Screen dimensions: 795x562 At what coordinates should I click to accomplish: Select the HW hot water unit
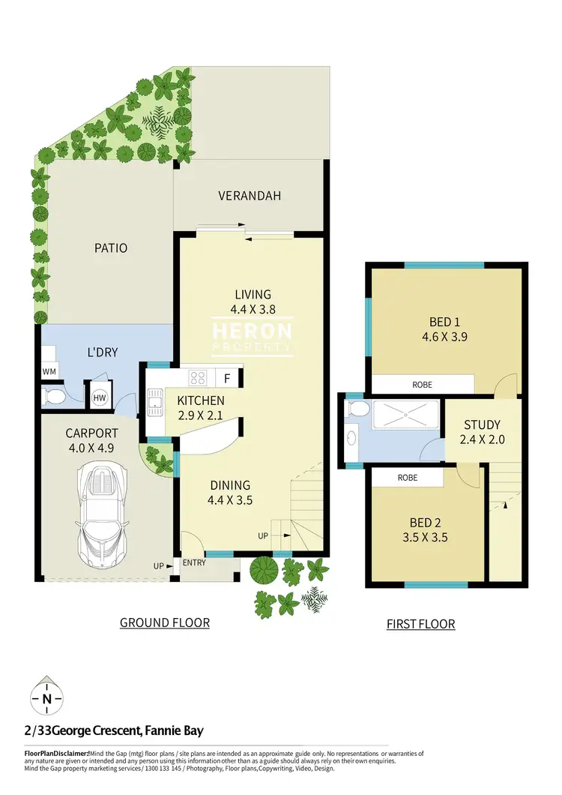click(99, 397)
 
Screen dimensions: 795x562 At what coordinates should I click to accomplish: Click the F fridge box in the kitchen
click(227, 378)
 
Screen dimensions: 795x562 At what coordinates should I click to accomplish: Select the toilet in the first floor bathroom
click(357, 409)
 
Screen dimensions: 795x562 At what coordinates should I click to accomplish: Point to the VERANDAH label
click(250, 196)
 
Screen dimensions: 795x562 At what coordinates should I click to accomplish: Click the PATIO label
click(110, 247)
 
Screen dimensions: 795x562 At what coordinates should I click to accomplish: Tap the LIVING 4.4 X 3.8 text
click(253, 301)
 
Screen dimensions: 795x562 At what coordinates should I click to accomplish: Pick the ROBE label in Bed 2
click(408, 478)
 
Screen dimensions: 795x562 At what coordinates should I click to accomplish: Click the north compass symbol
click(46, 699)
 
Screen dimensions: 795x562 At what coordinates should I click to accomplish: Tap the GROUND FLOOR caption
click(164, 622)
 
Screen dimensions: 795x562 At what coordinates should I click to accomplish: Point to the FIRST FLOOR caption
click(420, 624)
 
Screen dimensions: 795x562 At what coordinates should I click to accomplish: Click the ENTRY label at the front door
click(194, 562)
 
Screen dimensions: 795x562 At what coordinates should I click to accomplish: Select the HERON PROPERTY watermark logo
click(253, 337)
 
